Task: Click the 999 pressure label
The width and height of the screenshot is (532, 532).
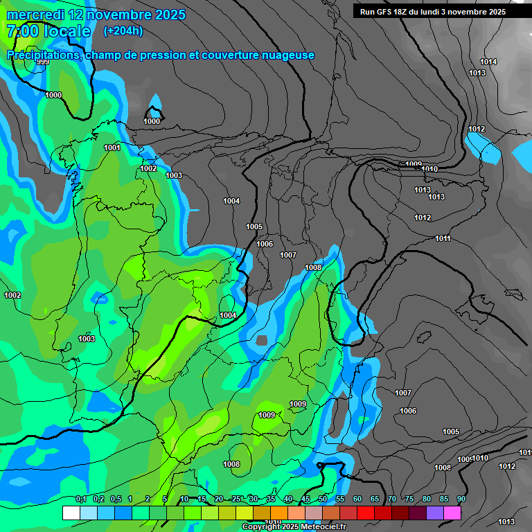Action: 43,62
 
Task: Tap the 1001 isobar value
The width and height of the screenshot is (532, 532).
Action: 112,148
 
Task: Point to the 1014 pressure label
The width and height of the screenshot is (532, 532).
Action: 489,62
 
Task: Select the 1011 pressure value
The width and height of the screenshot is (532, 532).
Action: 443,238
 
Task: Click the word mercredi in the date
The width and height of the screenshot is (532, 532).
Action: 35,15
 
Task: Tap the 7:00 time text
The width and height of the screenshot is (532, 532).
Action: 21,31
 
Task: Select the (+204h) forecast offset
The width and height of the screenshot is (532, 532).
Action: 123,31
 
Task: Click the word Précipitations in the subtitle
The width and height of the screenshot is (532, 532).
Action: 43,55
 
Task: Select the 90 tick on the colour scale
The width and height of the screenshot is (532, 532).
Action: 461,499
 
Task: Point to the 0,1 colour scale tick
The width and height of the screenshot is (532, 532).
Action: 80,499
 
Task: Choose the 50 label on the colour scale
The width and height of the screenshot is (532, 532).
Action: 323,499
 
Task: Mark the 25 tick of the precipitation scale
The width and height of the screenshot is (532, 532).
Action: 236,499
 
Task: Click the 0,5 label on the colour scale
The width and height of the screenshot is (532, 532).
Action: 115,499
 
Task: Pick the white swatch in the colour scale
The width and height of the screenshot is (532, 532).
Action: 71,513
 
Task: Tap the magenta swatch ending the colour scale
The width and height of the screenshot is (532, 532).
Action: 452,513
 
